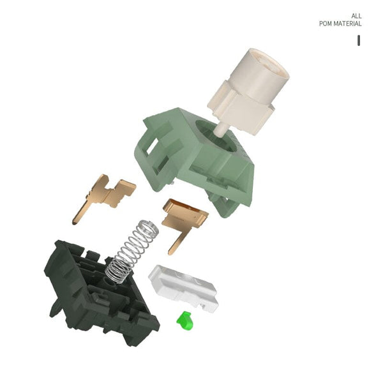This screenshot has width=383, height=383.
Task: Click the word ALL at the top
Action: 356,16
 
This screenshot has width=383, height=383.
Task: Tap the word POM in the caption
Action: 326,24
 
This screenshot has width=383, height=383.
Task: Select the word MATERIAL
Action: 348,24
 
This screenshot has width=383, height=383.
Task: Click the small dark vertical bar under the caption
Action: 359,40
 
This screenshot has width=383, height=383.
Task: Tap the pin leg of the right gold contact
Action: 175,246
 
